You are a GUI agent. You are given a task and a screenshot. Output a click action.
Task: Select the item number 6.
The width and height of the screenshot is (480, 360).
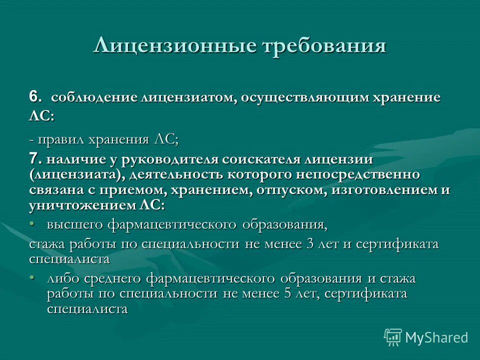coord(33,96)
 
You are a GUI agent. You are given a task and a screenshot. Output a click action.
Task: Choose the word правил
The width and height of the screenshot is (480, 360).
coord(59,139)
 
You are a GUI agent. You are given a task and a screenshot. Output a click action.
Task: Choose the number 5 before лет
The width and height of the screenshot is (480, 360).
coord(287,293)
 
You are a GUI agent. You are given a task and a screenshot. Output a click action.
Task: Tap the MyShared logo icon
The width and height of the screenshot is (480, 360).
coord(393,337)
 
